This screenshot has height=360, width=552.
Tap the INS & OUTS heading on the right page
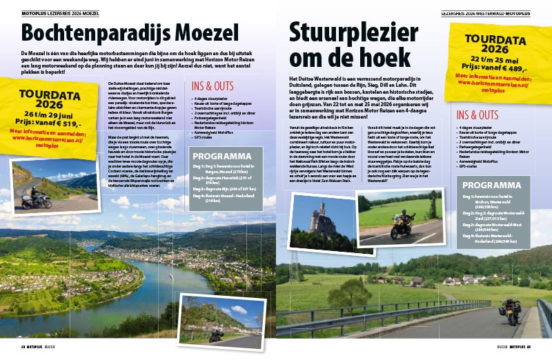[477, 114]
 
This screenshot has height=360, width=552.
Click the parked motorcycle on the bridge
[511, 312]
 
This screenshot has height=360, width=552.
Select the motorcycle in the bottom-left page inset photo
[215, 334]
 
